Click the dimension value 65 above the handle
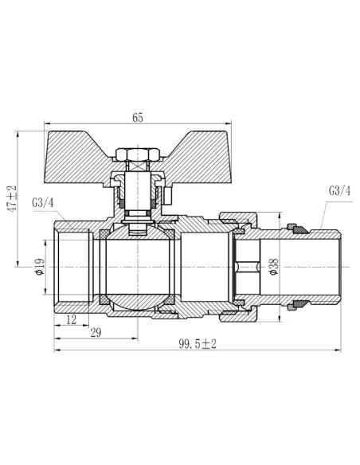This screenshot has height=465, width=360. [x=137, y=118]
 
